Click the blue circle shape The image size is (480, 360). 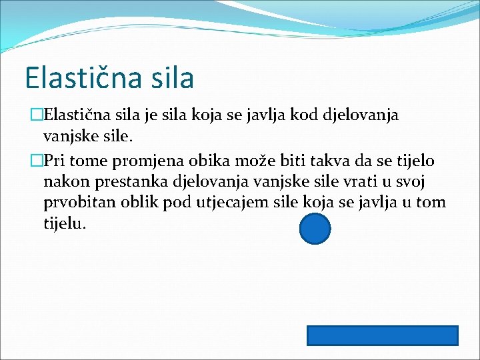pyautogui.click(x=315, y=229)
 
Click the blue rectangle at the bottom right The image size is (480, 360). pyautogui.click(x=382, y=335)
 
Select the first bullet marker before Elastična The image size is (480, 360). pyautogui.click(x=37, y=115)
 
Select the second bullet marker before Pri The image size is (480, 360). pyautogui.click(x=37, y=161)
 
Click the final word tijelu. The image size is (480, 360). pyautogui.click(x=65, y=224)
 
